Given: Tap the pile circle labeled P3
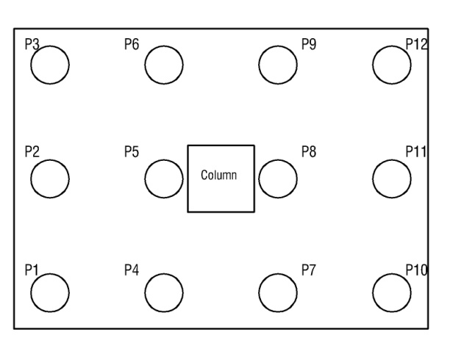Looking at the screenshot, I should [x=50, y=65].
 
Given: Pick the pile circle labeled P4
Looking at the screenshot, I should [x=164, y=292].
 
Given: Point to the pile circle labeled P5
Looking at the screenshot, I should [x=164, y=179].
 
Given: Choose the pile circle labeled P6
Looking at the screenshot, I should [x=164, y=65].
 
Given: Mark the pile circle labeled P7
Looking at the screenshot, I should [x=278, y=292].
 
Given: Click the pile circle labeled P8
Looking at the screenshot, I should [x=278, y=179].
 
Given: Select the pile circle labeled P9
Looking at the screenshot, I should [x=278, y=65].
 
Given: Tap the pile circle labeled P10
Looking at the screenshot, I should [x=392, y=292].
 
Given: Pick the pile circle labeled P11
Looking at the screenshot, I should [x=392, y=179].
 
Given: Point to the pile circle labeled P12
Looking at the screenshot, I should [x=392, y=65].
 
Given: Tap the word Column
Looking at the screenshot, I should [x=221, y=176].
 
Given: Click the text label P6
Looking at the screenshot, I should [x=132, y=45].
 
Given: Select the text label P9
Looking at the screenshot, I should [x=310, y=45].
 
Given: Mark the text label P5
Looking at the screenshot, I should [x=132, y=152].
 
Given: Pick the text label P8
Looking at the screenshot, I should [x=310, y=152].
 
